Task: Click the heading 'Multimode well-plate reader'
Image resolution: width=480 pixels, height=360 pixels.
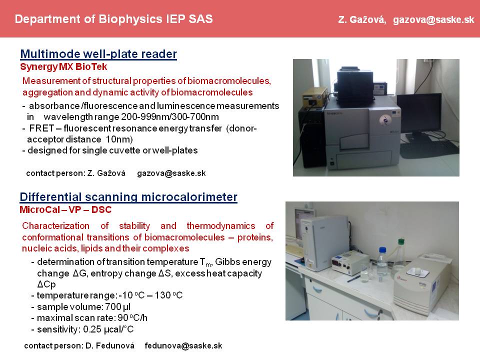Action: [x=98, y=54]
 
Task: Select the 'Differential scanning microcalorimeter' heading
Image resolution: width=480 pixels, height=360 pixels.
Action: [x=128, y=197]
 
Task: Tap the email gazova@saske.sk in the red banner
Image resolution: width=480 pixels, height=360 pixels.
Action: [x=433, y=19]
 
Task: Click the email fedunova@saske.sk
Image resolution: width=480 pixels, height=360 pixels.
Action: [x=183, y=345]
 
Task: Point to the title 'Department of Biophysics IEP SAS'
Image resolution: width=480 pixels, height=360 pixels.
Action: [x=113, y=19]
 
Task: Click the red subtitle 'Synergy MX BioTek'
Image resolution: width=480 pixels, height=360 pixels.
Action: [x=63, y=66]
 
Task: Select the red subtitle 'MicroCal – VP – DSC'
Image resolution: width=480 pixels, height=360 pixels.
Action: [x=65, y=209]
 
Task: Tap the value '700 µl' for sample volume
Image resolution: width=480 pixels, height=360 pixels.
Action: [x=118, y=306]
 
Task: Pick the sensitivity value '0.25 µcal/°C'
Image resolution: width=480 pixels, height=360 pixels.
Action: [x=108, y=329]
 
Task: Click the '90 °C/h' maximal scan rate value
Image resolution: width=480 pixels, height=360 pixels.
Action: [x=132, y=318]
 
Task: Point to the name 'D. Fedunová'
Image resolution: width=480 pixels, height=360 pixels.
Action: [x=110, y=345]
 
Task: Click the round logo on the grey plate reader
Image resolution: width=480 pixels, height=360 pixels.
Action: [x=384, y=119]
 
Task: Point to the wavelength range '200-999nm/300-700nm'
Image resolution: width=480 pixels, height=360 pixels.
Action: [x=170, y=117]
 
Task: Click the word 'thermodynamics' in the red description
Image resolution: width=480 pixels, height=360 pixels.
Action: [x=221, y=226]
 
